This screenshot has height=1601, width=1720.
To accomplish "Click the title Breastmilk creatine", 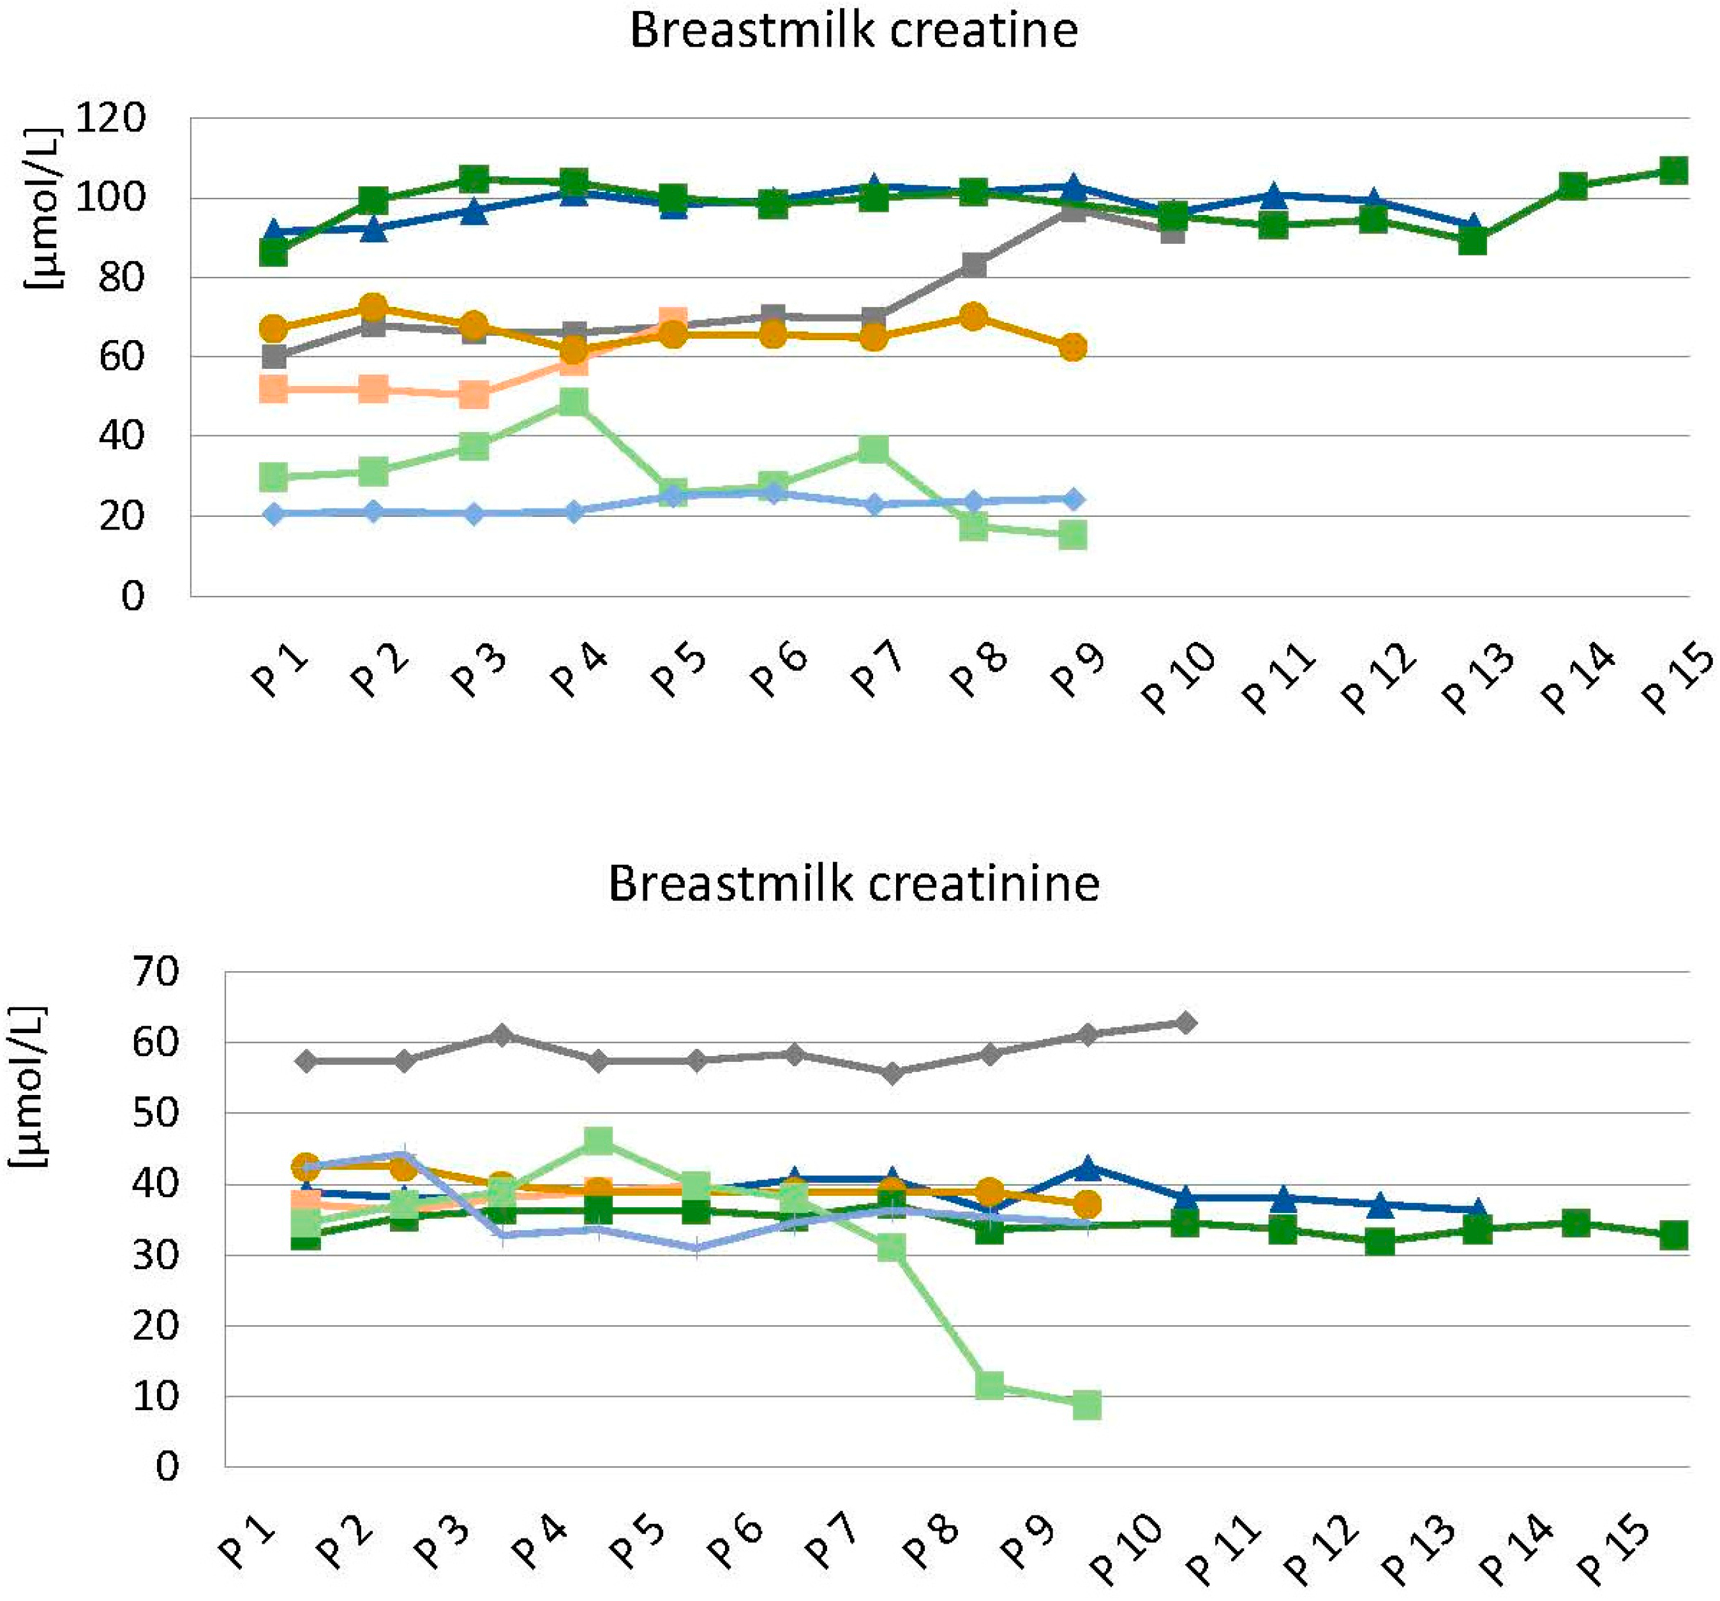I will point(853,31).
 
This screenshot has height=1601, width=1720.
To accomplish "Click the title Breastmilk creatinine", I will point(853,884).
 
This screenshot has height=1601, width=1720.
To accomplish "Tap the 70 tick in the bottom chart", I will point(155,972).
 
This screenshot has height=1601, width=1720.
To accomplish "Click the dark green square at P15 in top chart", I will point(1674,170).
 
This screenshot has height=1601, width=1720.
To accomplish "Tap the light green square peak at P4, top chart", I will point(574,401).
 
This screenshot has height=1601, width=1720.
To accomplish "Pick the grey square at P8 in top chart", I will point(974,265).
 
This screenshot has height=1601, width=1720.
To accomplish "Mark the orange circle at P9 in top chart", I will point(1073,348).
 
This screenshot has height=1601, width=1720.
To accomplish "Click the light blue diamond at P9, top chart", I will point(1073,499).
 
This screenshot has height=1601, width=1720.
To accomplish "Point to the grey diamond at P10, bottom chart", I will point(1186,1024).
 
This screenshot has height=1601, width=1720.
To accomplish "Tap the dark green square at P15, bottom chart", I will point(1674,1235).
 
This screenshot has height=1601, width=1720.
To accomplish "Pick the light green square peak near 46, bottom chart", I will point(599,1141).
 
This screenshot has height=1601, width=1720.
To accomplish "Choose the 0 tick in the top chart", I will point(131,596).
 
